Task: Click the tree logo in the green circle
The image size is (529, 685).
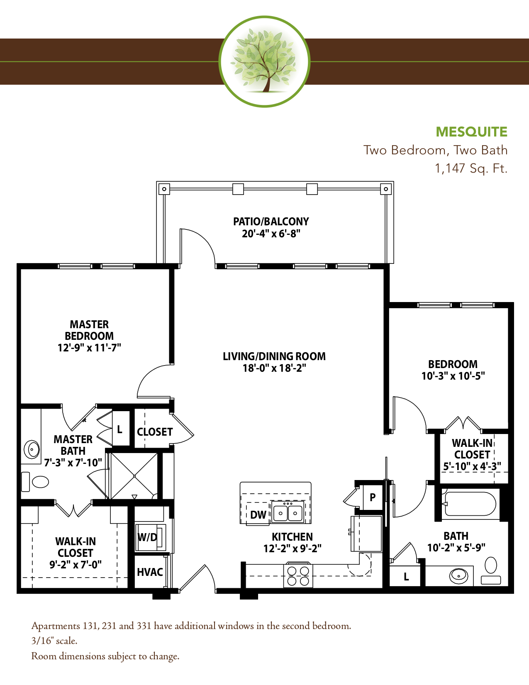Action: tap(264, 61)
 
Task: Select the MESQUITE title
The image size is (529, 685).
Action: tap(471, 132)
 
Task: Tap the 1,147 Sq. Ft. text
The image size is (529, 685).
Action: tap(471, 168)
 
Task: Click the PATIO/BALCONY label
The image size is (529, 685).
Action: tap(271, 221)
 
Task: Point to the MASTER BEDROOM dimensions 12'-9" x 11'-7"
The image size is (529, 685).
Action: tap(89, 347)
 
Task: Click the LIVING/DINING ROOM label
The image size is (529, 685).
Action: tap(274, 356)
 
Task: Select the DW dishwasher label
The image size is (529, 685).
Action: tap(258, 515)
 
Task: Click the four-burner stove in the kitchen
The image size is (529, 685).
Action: tap(298, 575)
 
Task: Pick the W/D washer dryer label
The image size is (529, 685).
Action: tap(147, 537)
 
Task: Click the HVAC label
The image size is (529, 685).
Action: tap(150, 572)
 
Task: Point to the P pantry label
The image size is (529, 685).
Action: tap(373, 497)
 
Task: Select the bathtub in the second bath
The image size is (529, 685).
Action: tap(469, 504)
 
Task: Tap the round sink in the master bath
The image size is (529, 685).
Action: tap(32, 449)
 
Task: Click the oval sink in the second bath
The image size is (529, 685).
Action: tap(458, 576)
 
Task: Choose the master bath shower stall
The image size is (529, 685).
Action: tap(134, 476)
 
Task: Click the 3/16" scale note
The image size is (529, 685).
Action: tap(54, 641)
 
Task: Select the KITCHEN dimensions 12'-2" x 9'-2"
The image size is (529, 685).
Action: tap(292, 548)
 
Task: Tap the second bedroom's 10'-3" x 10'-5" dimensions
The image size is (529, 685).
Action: tap(453, 376)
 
